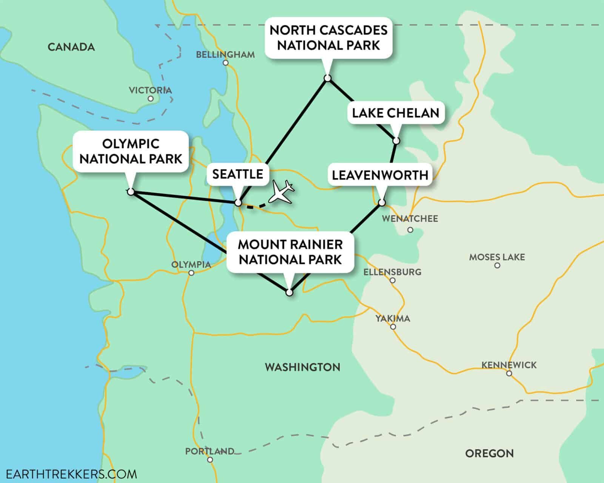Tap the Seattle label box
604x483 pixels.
pyautogui.click(x=237, y=174)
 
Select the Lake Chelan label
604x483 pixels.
pyautogui.click(x=396, y=113)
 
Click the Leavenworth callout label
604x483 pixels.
pyautogui.click(x=380, y=175)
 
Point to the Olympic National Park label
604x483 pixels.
pyautogui.click(x=131, y=151)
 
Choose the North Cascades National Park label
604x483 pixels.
pyautogui.click(x=328, y=38)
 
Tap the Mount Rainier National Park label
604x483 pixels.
pyautogui.click(x=290, y=252)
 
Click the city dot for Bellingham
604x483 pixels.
pyautogui.click(x=226, y=63)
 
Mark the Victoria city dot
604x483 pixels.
pyautogui.click(x=151, y=98)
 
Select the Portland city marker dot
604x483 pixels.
pyautogui.click(x=210, y=460)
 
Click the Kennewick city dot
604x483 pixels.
pyautogui.click(x=509, y=374)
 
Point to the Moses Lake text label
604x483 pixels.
pyautogui.click(x=497, y=257)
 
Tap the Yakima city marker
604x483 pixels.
pyautogui.click(x=393, y=327)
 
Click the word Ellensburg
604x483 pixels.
pyautogui.click(x=392, y=272)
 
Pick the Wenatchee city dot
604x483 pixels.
pyautogui.click(x=410, y=229)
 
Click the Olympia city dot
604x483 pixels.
pyautogui.click(x=191, y=273)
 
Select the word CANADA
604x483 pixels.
pyautogui.click(x=71, y=47)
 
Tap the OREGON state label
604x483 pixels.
pyautogui.click(x=489, y=453)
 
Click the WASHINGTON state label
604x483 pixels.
pyautogui.click(x=302, y=367)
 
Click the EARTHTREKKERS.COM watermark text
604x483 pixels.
pyautogui.click(x=69, y=474)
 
